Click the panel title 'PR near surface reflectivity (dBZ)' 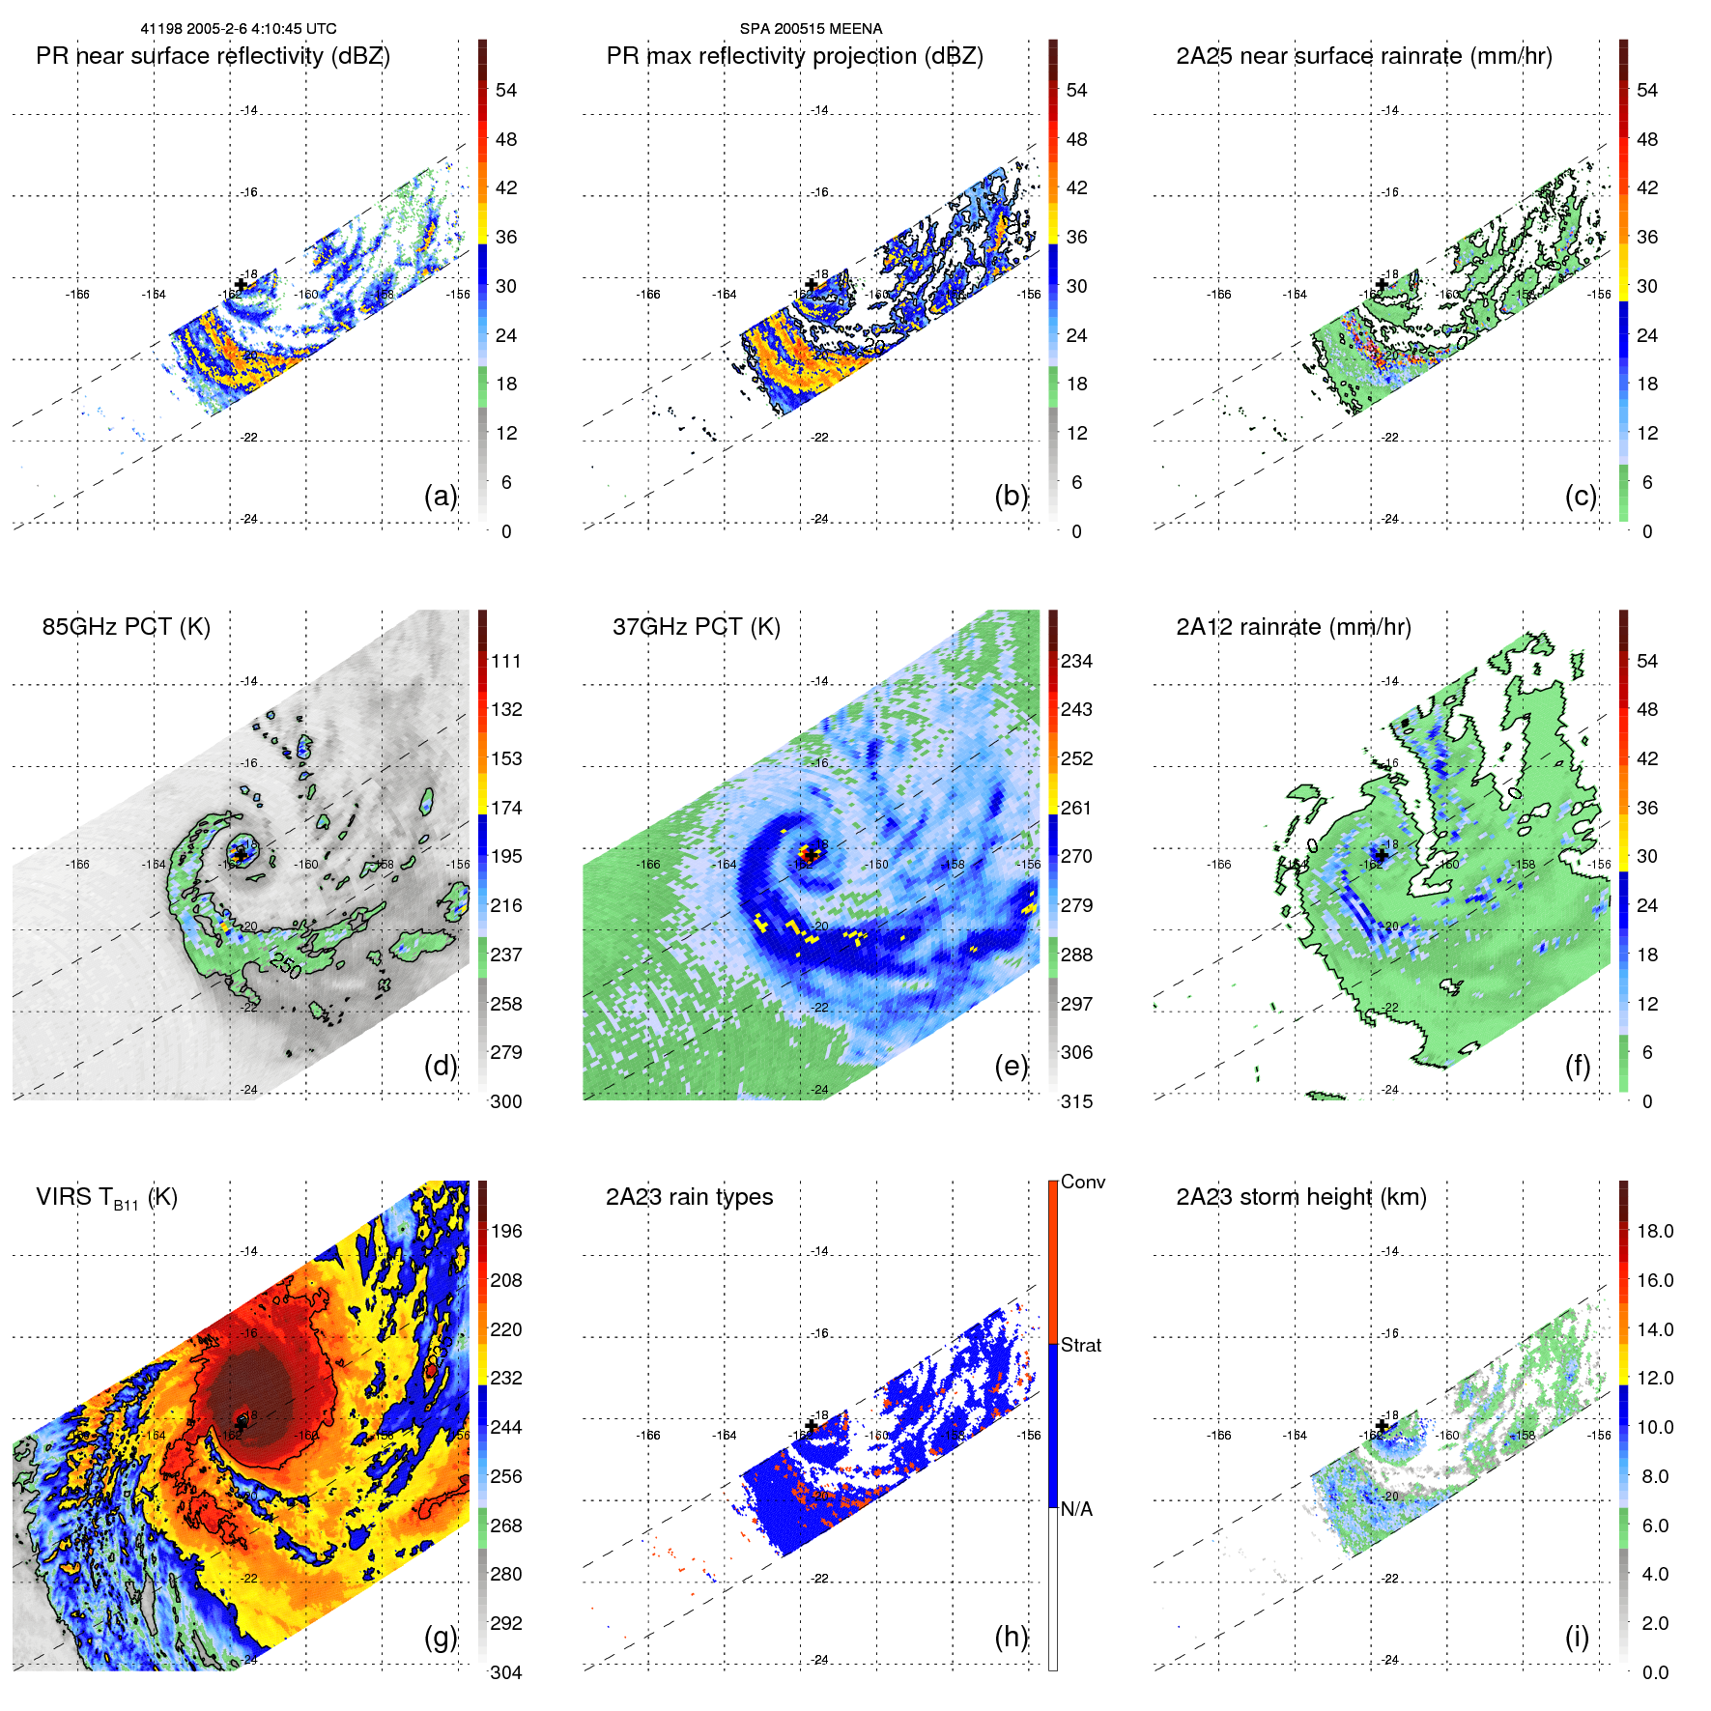pyautogui.click(x=213, y=56)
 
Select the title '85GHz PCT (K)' pyautogui.click(x=126, y=627)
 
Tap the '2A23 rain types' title pyautogui.click(x=689, y=1197)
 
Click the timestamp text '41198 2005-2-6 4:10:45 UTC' pyautogui.click(x=239, y=29)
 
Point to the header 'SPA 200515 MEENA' pyautogui.click(x=811, y=29)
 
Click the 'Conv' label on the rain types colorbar pyautogui.click(x=1082, y=1183)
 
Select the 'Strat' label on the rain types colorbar pyautogui.click(x=1080, y=1346)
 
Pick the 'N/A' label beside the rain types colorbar pyautogui.click(x=1076, y=1510)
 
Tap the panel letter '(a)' pyautogui.click(x=441, y=497)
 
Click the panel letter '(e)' pyautogui.click(x=1011, y=1067)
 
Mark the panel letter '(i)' pyautogui.click(x=1577, y=1637)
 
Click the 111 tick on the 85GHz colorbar pyautogui.click(x=506, y=662)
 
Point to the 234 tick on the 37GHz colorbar pyautogui.click(x=1076, y=662)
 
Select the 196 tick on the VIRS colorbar pyautogui.click(x=506, y=1232)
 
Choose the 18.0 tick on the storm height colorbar pyautogui.click(x=1655, y=1232)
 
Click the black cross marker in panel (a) pyautogui.click(x=241, y=284)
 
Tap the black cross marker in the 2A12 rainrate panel pyautogui.click(x=1382, y=855)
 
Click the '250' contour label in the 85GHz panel pyautogui.click(x=287, y=965)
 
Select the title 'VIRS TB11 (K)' pyautogui.click(x=106, y=1198)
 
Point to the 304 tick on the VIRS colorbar pyautogui.click(x=506, y=1672)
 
